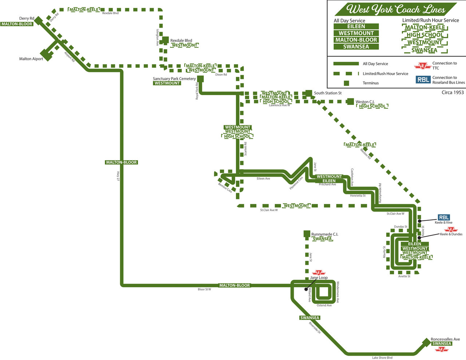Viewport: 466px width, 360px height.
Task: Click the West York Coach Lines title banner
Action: pyautogui.click(x=395, y=9)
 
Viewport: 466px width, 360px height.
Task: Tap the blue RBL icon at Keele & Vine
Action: pyautogui.click(x=443, y=217)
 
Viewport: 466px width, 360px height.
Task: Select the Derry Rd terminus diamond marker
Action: pyautogui.click(x=39, y=20)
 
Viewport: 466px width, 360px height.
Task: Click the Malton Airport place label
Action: pyautogui.click(x=31, y=59)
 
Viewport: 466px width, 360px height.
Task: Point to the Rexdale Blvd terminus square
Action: pyautogui.click(x=165, y=40)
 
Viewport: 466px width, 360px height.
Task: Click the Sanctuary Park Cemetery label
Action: pyautogui.click(x=174, y=79)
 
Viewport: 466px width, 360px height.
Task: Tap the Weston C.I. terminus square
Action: pyautogui.click(x=350, y=102)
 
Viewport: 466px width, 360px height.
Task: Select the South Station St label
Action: pyautogui.click(x=328, y=93)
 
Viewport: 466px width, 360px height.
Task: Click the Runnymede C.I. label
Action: pyautogui.click(x=324, y=234)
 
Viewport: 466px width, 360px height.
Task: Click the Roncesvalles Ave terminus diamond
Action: pyautogui.click(x=426, y=342)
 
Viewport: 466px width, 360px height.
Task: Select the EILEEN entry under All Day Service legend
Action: pyautogui.click(x=356, y=27)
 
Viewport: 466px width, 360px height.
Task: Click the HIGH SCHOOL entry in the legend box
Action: pyautogui.click(x=425, y=35)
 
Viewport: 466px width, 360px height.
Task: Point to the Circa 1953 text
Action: pyautogui.click(x=453, y=92)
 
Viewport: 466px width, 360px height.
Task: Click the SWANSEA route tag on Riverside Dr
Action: pyautogui.click(x=310, y=318)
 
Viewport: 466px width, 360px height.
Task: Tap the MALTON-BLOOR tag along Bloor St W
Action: pyautogui.click(x=234, y=285)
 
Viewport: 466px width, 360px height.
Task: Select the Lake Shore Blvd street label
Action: pyautogui.click(x=382, y=357)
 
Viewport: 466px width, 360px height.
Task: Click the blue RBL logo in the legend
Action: pyautogui.click(x=423, y=79)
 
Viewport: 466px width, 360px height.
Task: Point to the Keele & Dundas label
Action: pyautogui.click(x=451, y=234)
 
